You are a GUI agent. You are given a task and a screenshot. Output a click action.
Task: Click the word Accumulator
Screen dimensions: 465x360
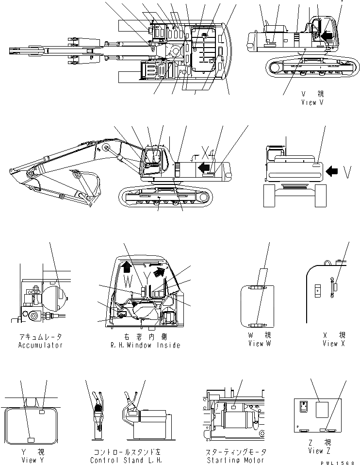coord(40,345)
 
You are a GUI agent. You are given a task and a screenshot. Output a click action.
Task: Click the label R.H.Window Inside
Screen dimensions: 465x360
coord(146,345)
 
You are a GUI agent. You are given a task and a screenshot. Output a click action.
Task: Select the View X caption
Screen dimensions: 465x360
coord(333,344)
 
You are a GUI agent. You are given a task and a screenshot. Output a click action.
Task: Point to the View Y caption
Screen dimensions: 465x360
coord(29,460)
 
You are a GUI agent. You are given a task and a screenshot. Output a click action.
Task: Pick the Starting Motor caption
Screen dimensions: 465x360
coord(232,460)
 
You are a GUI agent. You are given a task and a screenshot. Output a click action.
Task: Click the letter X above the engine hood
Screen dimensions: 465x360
coord(205,155)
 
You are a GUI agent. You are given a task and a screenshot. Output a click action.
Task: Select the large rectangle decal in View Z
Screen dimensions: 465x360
coord(322,409)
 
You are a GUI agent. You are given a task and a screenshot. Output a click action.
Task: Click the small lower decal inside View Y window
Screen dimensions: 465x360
coord(31,440)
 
